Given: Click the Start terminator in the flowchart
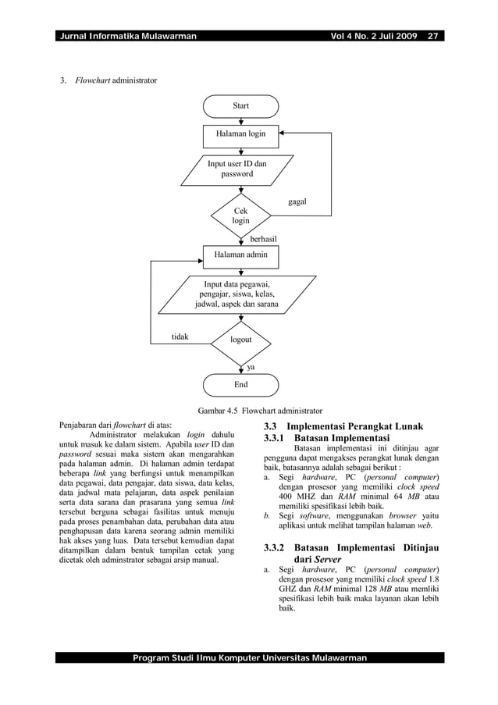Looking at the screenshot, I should click(x=240, y=105).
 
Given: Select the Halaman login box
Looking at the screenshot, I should click(x=240, y=134).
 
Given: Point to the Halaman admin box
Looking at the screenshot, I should click(x=240, y=255).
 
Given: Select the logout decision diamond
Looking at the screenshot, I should click(x=241, y=340).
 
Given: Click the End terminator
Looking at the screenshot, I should click(x=240, y=384).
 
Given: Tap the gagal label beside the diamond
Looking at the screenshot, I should click(x=297, y=202).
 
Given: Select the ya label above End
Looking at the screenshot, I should click(x=251, y=365).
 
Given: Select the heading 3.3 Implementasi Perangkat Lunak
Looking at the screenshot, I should click(x=343, y=426).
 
